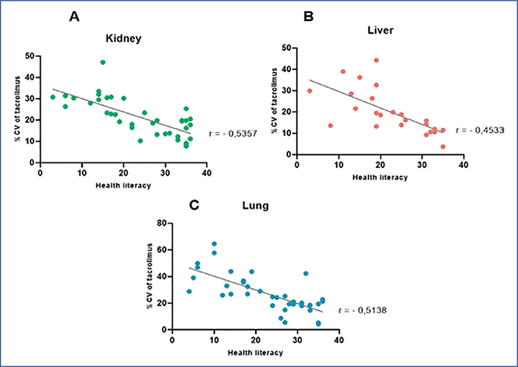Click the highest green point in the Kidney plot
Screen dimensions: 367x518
point(102,62)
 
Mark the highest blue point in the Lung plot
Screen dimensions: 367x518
point(214,244)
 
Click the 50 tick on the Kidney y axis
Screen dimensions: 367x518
point(30,56)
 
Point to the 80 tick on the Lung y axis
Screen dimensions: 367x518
point(163,223)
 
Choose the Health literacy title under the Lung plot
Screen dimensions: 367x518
point(256,352)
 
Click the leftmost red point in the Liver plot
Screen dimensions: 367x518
point(310,91)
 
